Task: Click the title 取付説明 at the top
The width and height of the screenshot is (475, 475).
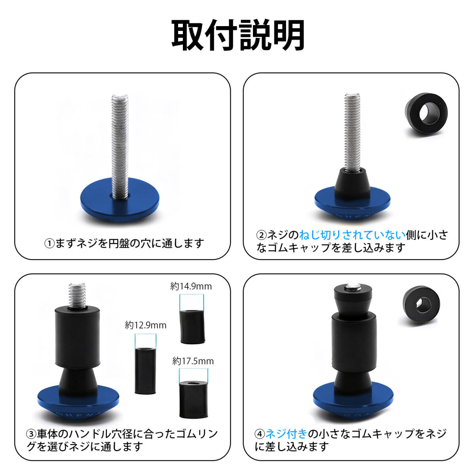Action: pyautogui.click(x=238, y=36)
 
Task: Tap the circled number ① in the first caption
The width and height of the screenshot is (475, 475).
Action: pyautogui.click(x=49, y=243)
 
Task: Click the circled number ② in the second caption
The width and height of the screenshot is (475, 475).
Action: pyautogui.click(x=261, y=235)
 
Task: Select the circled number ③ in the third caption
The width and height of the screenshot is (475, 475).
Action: pyautogui.click(x=31, y=434)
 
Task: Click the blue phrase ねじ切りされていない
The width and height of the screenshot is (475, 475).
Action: pyautogui.click(x=352, y=235)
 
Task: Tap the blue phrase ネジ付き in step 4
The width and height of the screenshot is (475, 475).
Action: pyautogui.click(x=286, y=434)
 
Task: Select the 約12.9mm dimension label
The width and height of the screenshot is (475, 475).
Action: pyautogui.click(x=145, y=325)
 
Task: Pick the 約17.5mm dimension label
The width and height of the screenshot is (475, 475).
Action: pyautogui.click(x=193, y=361)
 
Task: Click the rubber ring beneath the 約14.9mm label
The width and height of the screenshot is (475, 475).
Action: pyautogui.click(x=192, y=327)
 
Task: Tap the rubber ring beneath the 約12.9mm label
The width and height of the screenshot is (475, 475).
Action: pyautogui.click(x=146, y=370)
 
